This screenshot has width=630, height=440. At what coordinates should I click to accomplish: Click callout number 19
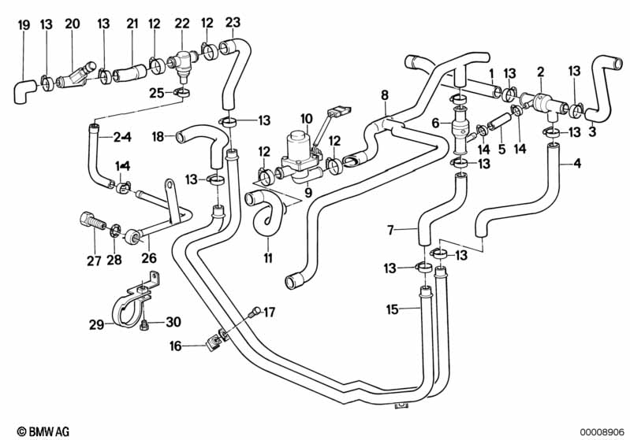coord(24,25)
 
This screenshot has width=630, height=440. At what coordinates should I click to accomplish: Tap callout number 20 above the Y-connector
coord(73,24)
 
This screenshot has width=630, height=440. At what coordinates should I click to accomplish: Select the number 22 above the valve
coord(182,24)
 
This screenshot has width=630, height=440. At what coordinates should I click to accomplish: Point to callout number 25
coord(157,94)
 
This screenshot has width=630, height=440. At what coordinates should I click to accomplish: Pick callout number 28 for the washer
coord(114,260)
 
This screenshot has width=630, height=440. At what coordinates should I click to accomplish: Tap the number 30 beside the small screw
coord(173,322)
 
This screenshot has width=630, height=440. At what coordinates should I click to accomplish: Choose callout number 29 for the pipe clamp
coord(96,324)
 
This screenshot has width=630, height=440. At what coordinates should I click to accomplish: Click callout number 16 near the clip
coord(176,346)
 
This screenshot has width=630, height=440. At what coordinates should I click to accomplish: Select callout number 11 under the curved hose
coord(268,257)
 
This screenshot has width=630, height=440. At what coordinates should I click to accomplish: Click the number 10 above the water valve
coord(306,119)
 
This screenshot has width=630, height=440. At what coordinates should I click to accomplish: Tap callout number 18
coord(158,137)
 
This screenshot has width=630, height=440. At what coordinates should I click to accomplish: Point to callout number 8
coord(385,95)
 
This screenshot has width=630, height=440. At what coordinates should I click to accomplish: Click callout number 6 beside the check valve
coord(436,123)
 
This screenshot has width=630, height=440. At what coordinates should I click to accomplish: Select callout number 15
coord(392,309)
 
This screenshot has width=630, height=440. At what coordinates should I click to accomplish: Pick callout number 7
coord(390,230)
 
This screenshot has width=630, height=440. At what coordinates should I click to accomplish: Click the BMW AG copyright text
coord(43,431)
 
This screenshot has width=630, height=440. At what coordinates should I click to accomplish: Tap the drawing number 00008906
coord(602,432)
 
